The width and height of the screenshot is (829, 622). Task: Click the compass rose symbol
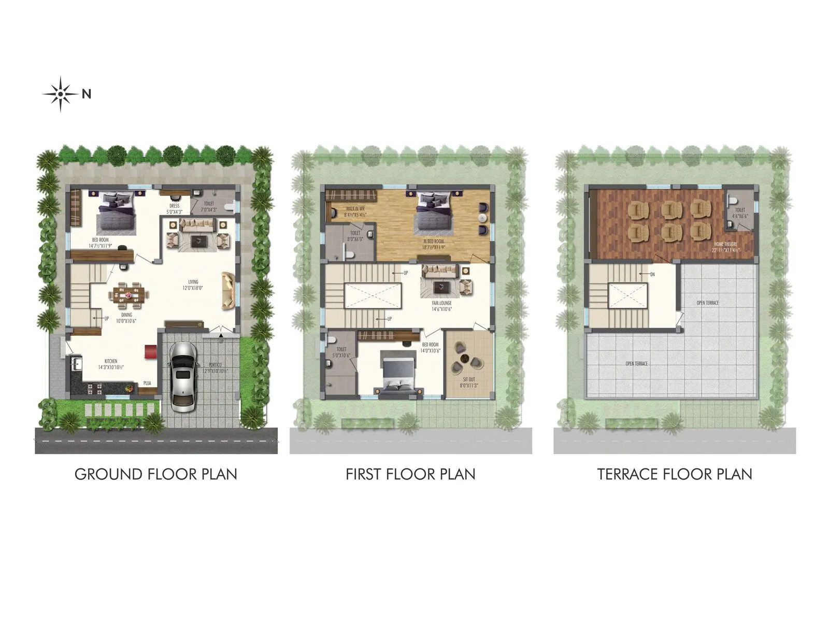[61, 94]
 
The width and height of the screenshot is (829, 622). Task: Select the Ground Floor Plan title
[156, 474]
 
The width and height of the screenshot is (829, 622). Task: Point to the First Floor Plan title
[410, 474]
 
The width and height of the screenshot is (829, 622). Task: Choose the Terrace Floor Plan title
[675, 474]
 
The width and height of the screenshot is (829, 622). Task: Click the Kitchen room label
[111, 361]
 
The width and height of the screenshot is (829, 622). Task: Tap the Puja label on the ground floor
[148, 384]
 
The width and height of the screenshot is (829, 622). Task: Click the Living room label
[193, 282]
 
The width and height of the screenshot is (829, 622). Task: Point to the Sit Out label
[469, 379]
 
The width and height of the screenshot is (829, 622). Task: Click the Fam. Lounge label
[442, 303]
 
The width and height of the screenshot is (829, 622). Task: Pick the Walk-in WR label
[355, 208]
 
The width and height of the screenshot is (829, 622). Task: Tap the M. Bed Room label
[433, 242]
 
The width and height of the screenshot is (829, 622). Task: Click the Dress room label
[174, 206]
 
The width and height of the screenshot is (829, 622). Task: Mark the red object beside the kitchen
[151, 351]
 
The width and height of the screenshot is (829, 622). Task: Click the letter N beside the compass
[87, 94]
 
